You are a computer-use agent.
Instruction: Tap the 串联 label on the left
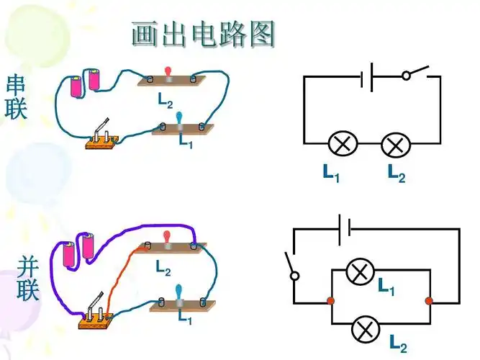(16, 97)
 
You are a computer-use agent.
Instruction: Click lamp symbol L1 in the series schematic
(343, 145)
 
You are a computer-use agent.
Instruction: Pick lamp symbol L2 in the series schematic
(394, 145)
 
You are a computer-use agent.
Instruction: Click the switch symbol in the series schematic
(416, 73)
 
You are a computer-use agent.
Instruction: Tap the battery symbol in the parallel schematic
(345, 229)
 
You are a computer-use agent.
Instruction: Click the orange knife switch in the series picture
(103, 139)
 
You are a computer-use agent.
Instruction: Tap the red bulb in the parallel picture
(168, 238)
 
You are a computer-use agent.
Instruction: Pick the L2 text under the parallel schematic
(398, 343)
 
